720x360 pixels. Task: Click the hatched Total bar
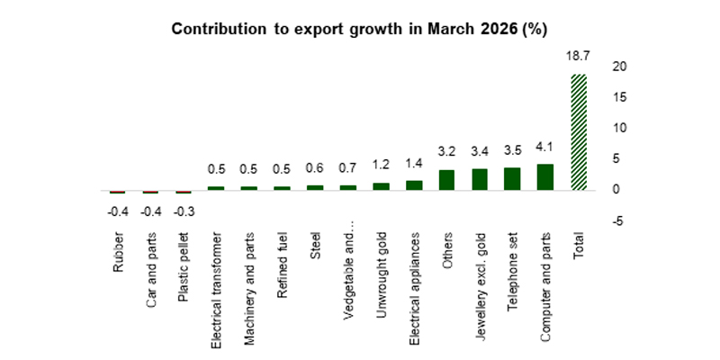(579, 132)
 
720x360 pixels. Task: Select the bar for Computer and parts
(544, 177)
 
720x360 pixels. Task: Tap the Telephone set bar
(512, 179)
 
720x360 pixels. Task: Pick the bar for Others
(446, 180)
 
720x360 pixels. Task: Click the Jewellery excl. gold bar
(480, 179)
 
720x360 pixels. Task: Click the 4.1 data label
(544, 147)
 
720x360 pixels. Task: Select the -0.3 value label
(183, 212)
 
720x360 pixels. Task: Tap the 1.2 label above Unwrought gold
(380, 166)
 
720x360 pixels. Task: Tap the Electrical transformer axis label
(216, 278)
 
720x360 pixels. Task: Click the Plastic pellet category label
(183, 262)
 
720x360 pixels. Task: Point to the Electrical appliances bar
(413, 185)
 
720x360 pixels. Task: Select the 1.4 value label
(413, 165)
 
